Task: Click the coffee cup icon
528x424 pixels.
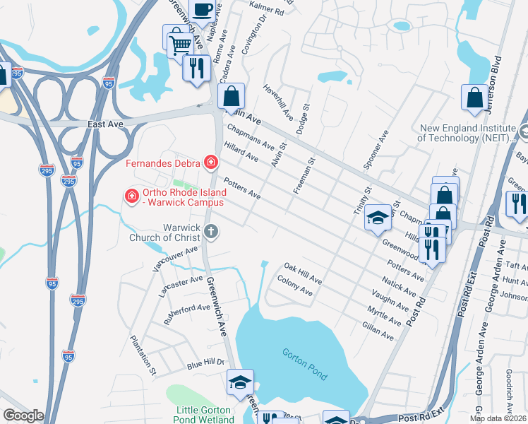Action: (203, 9)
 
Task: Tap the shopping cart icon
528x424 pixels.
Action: (181, 45)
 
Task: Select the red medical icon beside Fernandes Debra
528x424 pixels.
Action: (210, 163)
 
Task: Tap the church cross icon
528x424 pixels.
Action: (210, 231)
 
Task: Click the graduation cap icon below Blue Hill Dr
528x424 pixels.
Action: (240, 382)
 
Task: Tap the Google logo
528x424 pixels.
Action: (23, 416)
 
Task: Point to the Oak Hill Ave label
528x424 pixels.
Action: (302, 275)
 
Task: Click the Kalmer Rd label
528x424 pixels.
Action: (267, 11)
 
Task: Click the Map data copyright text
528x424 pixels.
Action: (498, 418)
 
